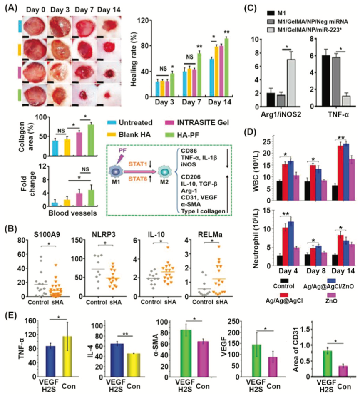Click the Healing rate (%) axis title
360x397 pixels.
[x=134, y=58]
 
